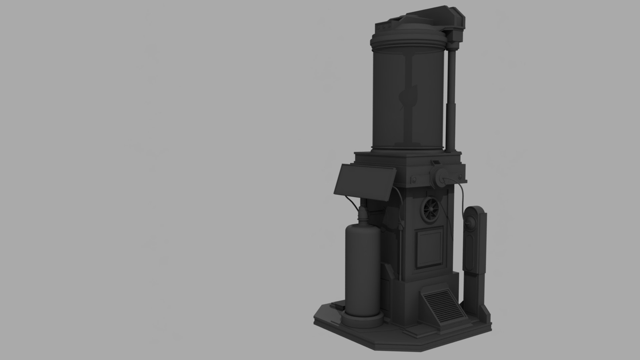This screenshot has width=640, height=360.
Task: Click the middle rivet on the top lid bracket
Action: (384, 25)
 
